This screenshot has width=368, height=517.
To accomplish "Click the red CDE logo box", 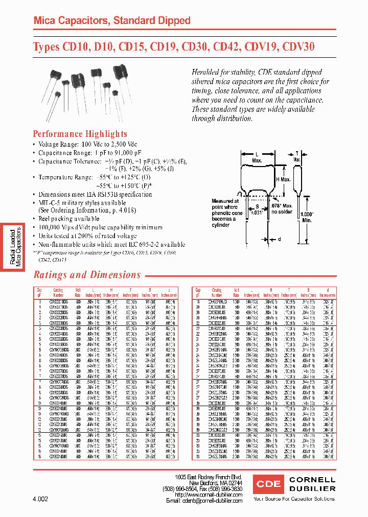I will (268, 484).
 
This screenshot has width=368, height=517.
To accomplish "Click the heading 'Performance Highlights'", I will (80, 134).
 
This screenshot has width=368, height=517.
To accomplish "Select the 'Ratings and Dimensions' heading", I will (87, 275).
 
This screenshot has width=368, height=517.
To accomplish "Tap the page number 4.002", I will (39, 499).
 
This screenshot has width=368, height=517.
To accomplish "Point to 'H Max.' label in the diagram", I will (284, 179).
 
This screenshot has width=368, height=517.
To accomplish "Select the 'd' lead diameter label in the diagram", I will (280, 238).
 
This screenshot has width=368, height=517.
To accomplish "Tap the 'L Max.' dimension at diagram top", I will (257, 157).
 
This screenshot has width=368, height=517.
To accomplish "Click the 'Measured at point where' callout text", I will (225, 204).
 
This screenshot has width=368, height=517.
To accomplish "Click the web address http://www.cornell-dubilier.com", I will (208, 495).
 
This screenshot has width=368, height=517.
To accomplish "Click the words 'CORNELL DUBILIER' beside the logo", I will (312, 484).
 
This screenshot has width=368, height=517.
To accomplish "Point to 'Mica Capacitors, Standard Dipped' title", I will (111, 21).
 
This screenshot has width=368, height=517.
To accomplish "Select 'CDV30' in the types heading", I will (297, 47).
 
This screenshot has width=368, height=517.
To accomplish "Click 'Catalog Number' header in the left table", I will (59, 292).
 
